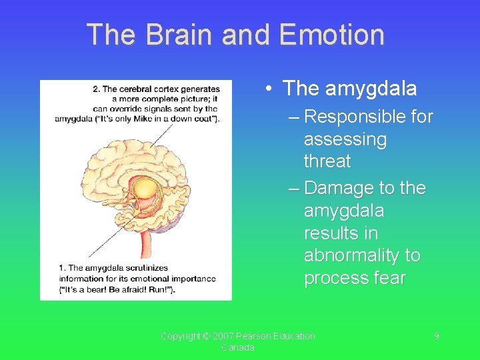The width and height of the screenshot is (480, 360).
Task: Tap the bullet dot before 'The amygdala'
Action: point(267,89)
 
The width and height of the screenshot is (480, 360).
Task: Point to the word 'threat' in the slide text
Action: point(327,161)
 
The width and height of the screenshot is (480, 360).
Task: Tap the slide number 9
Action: point(437,336)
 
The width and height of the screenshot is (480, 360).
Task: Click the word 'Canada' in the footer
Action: point(238,348)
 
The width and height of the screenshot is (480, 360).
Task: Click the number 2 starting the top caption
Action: point(96,89)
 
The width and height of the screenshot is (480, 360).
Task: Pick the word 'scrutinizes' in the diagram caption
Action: point(146,268)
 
